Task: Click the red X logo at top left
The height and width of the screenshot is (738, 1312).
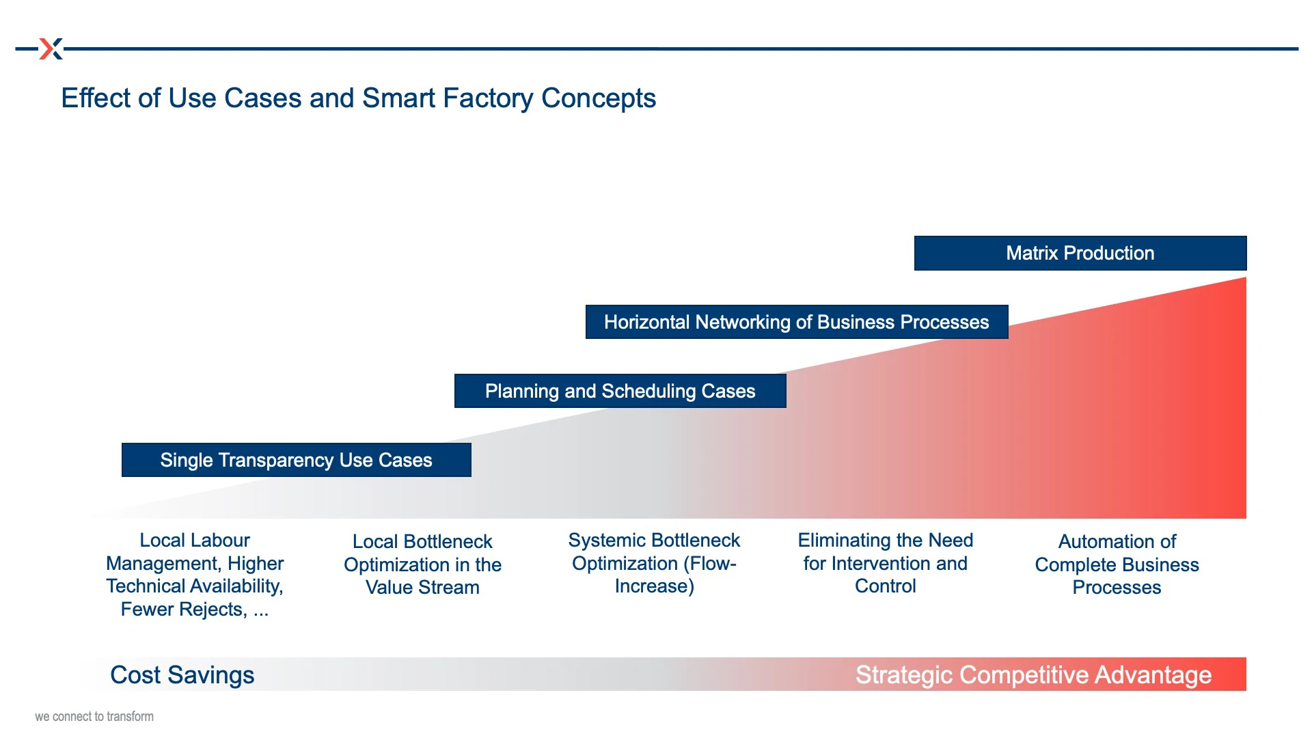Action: [51, 49]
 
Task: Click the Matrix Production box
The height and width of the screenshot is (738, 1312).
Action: [1080, 253]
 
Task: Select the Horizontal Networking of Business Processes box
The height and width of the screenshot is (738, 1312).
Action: [797, 322]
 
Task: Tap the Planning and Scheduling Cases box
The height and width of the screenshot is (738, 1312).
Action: [620, 391]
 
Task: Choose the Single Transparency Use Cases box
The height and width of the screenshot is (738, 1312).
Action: [297, 460]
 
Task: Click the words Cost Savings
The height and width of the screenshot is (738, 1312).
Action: [182, 675]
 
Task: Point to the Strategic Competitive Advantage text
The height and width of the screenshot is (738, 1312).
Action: [1033, 675]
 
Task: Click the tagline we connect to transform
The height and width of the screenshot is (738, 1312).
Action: [94, 716]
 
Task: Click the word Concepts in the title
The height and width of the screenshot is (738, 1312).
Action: [599, 99]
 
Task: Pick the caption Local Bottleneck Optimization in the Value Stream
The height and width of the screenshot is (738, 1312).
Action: [423, 564]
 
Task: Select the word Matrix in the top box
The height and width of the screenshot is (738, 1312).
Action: [1032, 253]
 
